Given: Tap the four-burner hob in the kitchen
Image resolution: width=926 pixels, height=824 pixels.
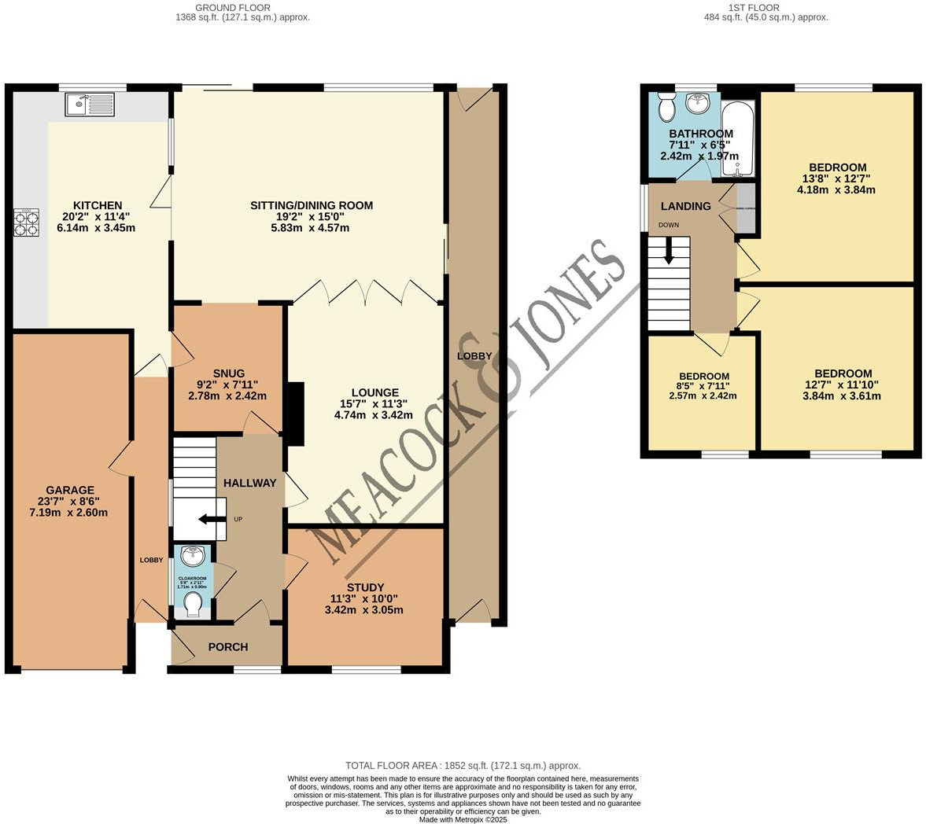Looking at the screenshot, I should coord(26,223).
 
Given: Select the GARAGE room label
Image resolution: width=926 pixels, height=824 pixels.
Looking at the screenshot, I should coord(70,490).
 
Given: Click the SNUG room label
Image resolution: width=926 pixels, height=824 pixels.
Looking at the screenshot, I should coord(228,373).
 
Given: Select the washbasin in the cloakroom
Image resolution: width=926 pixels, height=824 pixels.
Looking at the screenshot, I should coord(192,557).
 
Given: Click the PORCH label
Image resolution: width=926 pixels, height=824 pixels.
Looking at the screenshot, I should coord(227,646).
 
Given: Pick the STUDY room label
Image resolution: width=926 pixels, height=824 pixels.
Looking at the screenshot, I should coord(365,587).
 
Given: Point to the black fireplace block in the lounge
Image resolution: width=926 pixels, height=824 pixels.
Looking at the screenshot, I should coord(296,413).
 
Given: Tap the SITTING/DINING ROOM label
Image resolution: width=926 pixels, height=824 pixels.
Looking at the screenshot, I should coord(312,205).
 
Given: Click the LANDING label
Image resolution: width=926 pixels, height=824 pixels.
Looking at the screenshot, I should coord(685,206).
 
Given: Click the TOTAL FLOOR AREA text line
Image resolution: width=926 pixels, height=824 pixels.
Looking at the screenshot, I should coord(463,765).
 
